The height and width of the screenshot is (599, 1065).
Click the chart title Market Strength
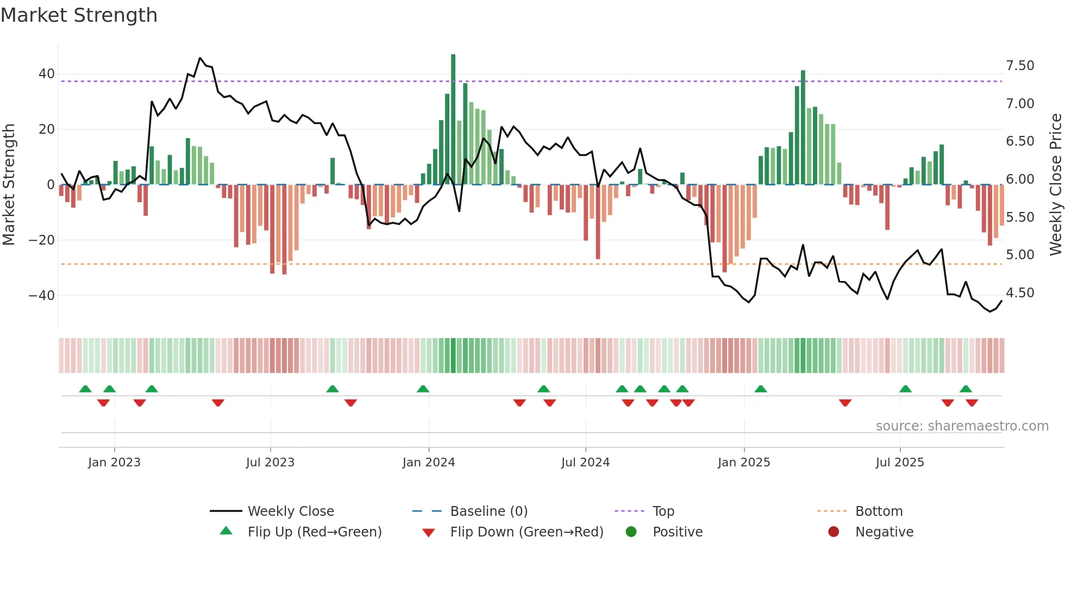click(79, 15)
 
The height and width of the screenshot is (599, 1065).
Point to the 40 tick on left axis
click(47, 74)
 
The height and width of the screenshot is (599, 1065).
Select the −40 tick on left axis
click(42, 296)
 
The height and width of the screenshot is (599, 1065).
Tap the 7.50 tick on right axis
click(1020, 66)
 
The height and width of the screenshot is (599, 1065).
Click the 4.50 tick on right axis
click(1020, 293)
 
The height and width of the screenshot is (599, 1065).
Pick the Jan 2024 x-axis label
click(428, 463)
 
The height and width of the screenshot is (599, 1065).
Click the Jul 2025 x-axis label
click(899, 463)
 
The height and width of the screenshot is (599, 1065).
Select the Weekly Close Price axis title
click(1055, 185)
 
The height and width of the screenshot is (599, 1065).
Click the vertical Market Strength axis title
click(9, 185)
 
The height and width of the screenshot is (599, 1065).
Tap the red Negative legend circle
click(834, 532)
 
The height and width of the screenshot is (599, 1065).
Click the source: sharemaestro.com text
click(962, 426)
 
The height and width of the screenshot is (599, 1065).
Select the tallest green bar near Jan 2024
click(453, 120)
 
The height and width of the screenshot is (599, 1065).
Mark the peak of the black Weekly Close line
click(200, 58)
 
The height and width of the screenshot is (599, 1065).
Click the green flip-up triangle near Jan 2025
click(761, 389)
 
